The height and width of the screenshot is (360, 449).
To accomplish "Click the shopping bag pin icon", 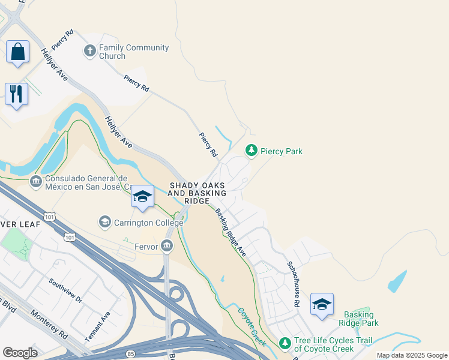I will click(x=17, y=52).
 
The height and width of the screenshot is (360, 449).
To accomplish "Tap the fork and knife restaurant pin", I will click(x=16, y=94).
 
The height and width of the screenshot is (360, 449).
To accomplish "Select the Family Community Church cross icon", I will click(x=90, y=50).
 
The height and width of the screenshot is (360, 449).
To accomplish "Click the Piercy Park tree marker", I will click(x=252, y=151).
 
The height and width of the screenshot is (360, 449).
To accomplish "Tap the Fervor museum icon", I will click(x=167, y=246).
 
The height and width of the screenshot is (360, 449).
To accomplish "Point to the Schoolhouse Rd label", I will click(x=292, y=285).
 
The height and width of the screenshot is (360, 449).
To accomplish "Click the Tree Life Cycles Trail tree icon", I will click(x=285, y=343).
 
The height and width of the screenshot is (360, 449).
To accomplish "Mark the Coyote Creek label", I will click(x=252, y=327).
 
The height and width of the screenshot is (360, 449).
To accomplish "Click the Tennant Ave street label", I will click(x=97, y=326).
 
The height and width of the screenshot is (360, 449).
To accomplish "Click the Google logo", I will click(x=20, y=353).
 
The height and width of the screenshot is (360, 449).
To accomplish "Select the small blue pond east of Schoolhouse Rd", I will click(x=397, y=281).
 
